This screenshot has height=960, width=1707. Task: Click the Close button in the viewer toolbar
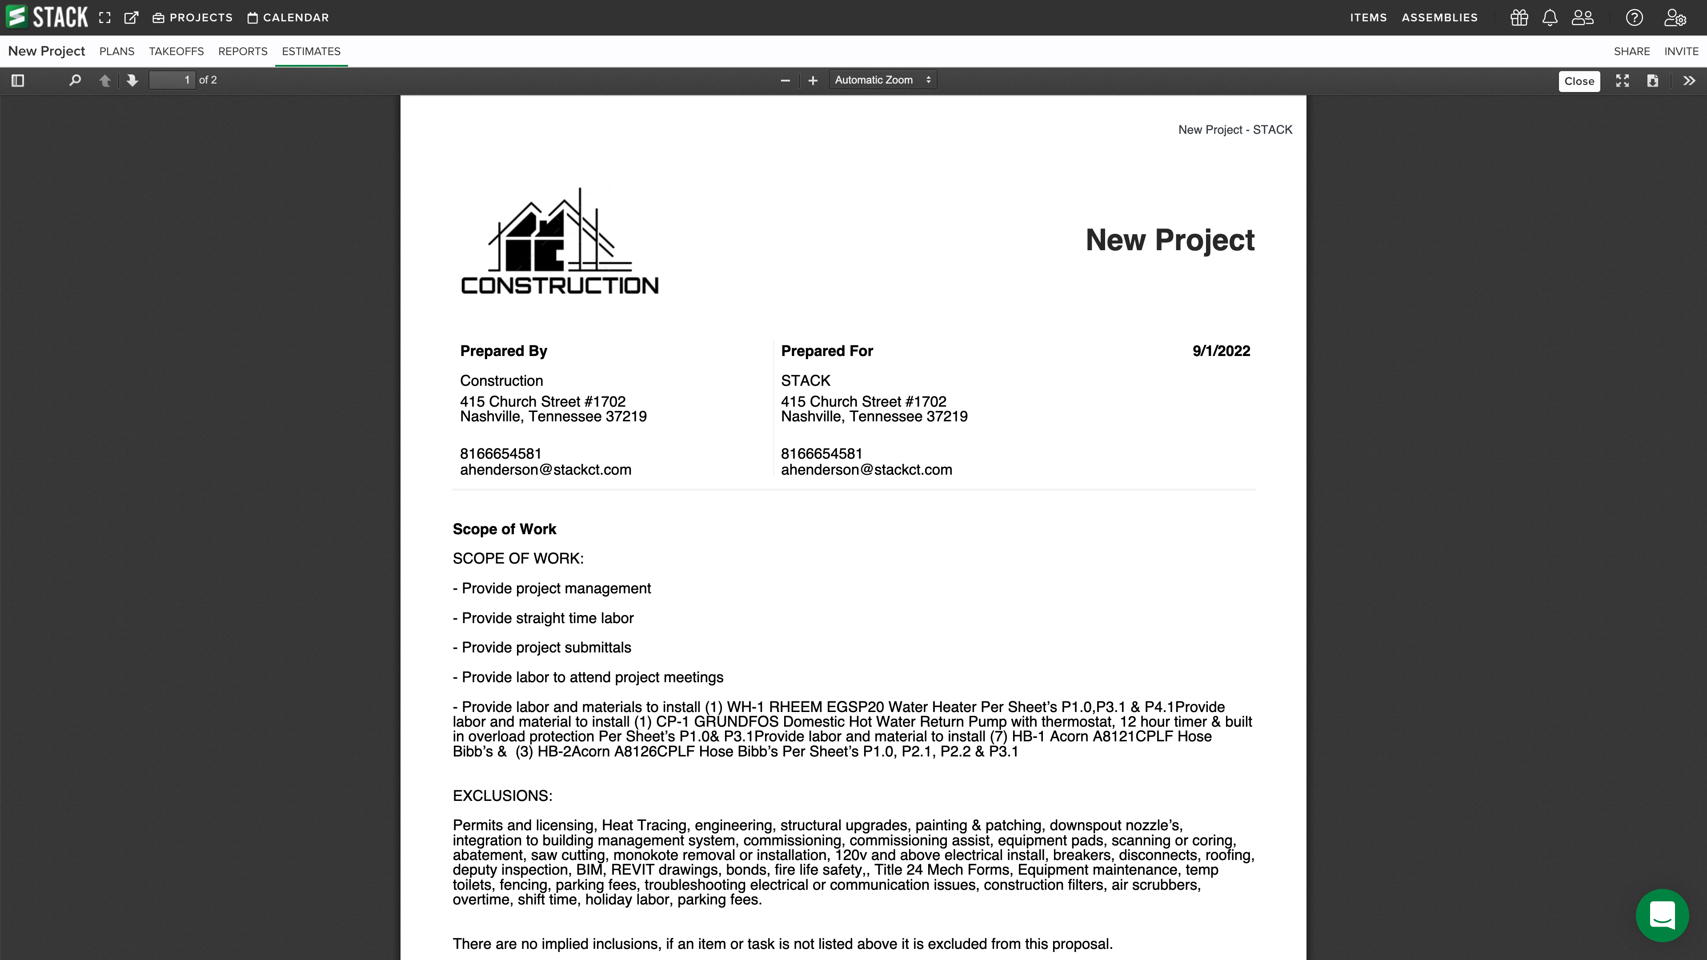pyautogui.click(x=1579, y=81)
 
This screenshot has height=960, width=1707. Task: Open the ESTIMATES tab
pyautogui.click(x=311, y=52)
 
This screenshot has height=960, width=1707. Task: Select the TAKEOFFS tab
pyautogui.click(x=176, y=52)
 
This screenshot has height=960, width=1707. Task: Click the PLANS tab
pyautogui.click(x=116, y=52)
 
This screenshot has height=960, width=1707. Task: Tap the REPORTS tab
pyautogui.click(x=243, y=52)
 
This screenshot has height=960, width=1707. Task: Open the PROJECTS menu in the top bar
pyautogui.click(x=193, y=18)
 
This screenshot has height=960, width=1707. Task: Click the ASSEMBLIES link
pyautogui.click(x=1439, y=18)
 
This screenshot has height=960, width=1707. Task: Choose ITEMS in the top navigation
pyautogui.click(x=1368, y=18)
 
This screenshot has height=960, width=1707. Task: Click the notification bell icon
pyautogui.click(x=1549, y=18)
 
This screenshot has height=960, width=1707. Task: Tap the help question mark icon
pyautogui.click(x=1634, y=18)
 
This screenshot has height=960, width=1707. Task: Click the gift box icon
pyautogui.click(x=1519, y=18)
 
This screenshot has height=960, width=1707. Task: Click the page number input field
pyautogui.click(x=172, y=80)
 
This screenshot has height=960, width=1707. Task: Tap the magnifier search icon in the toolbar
pyautogui.click(x=75, y=80)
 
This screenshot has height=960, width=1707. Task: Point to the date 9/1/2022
pyautogui.click(x=1221, y=351)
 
